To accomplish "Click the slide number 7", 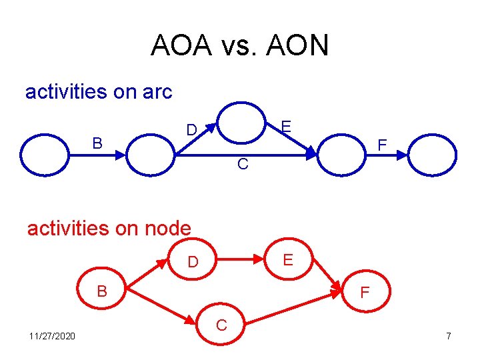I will tap(449, 335).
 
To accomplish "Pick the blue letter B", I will tap(97, 143).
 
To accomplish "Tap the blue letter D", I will tap(191, 129).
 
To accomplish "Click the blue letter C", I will tap(243, 164).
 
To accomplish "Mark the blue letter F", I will tap(381, 145).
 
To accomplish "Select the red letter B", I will tap(102, 291).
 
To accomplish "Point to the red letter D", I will tap(193, 262).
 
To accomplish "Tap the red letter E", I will tap(287, 259).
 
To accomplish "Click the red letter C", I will tap(222, 325).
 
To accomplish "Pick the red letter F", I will tap(365, 292).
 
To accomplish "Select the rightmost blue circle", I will tap(433, 154).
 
